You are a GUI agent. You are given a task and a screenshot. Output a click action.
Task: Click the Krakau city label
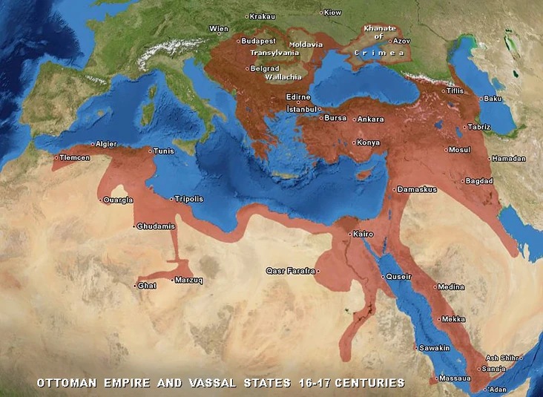coord(263,16)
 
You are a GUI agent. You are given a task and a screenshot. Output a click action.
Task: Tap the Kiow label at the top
coord(333,13)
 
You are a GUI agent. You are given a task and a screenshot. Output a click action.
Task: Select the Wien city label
coord(220,29)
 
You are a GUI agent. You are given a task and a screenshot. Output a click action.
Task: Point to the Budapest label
coord(258,41)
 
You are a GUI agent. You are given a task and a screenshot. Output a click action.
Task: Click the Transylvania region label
coord(274,53)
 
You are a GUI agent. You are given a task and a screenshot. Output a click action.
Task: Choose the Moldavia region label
coord(306,45)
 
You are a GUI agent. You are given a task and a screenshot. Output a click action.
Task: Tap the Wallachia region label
coord(282,76)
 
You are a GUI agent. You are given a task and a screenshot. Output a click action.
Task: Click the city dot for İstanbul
coord(320,109)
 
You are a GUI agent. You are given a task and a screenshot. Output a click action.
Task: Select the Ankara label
coord(370,119)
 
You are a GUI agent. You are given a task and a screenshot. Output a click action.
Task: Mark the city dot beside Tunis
coord(151,151)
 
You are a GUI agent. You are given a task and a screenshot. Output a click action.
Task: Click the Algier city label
coord(106,144)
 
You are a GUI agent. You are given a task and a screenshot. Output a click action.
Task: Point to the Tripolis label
coord(189,199)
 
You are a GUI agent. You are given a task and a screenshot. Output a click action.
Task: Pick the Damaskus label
coord(418,190)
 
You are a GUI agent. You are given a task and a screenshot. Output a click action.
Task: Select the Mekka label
coord(453,320)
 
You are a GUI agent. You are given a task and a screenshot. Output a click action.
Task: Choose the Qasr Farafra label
coord(291,271)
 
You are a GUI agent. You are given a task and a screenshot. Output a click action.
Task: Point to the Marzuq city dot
coord(172,280)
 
